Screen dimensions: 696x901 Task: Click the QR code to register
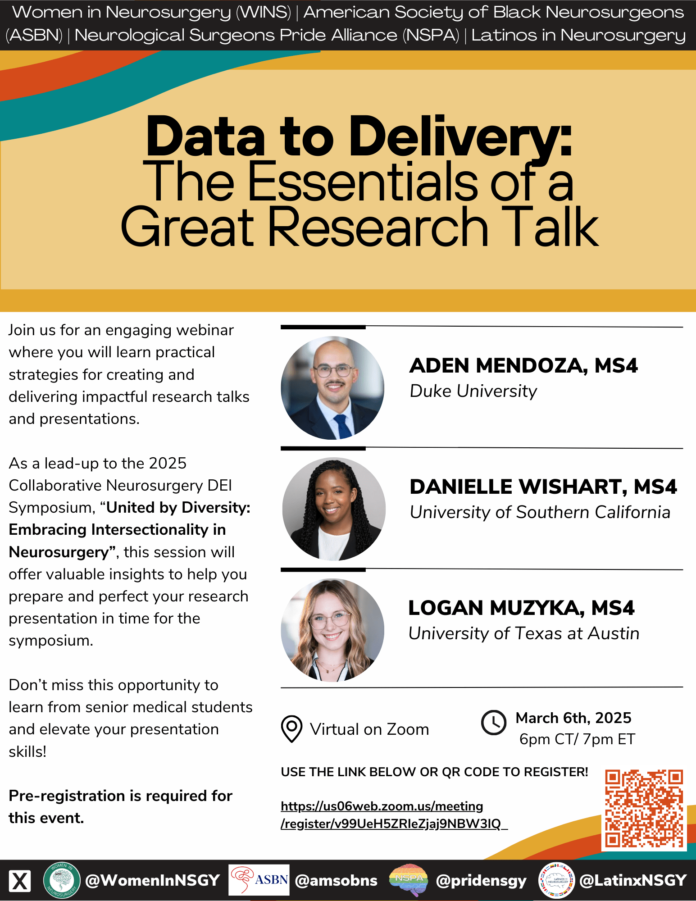644,809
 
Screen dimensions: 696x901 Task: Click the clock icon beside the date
494,723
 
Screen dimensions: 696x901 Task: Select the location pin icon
291,728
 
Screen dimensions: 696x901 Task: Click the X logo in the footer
20,881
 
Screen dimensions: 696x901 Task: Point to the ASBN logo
259,880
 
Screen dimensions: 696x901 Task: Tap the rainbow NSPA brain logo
409,880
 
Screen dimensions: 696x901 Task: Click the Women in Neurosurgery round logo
62,880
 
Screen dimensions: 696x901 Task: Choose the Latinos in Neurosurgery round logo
557,880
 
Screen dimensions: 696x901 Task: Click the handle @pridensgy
481,881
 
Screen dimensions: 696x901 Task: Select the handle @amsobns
336,880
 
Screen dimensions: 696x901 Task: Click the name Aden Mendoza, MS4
523,365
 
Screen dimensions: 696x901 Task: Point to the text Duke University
473,391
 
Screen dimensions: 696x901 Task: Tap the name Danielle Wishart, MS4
543,487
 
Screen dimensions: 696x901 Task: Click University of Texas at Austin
524,633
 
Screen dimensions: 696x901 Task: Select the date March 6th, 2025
573,718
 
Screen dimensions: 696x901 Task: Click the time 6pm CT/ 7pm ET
577,739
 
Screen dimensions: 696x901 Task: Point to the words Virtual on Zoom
369,729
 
